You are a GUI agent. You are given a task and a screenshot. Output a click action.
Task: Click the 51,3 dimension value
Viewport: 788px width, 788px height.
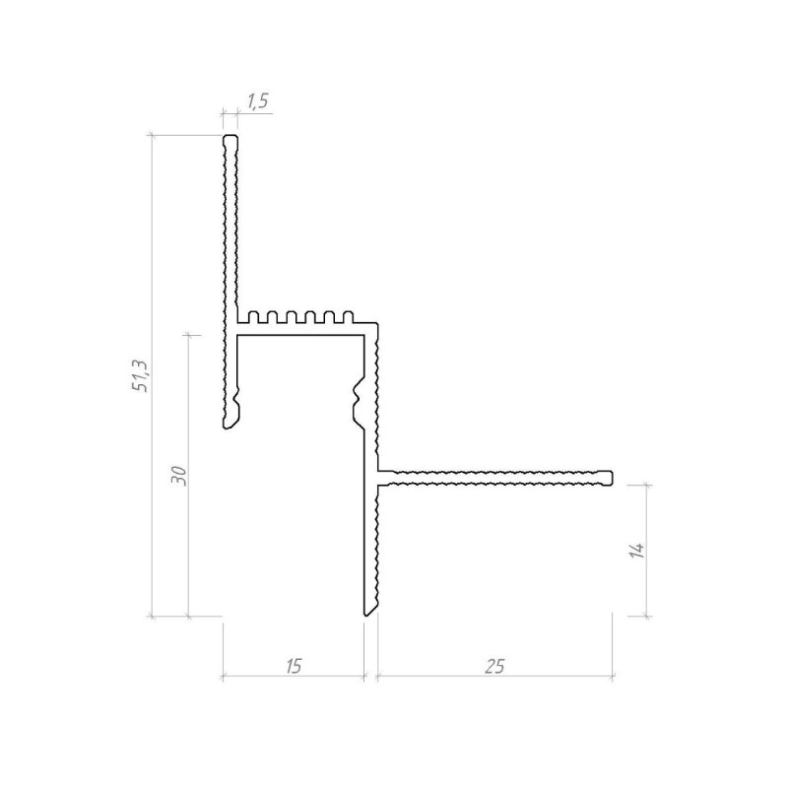pos(140,376)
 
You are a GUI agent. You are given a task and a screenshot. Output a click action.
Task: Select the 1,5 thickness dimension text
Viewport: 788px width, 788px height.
pos(258,101)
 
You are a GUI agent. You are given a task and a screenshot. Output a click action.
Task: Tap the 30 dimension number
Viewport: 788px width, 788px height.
pos(178,476)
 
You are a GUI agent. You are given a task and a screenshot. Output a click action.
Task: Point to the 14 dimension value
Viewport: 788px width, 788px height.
pos(636,550)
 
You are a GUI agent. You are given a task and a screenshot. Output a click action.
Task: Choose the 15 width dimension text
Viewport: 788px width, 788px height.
pos(294,667)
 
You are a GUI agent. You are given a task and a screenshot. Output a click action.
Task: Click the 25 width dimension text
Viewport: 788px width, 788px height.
pos(494,667)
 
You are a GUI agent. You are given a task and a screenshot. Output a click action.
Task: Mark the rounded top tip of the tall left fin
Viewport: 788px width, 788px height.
pos(230,136)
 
